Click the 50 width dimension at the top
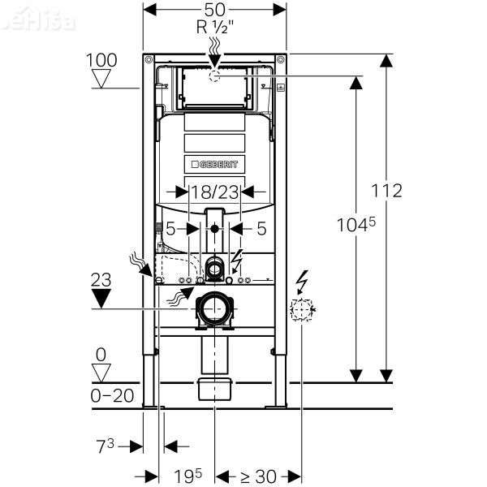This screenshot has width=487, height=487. pos(215,9)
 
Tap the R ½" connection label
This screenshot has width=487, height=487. pos(215,26)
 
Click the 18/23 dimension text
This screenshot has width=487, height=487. pos(214,192)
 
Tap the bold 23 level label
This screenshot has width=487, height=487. pos(101,278)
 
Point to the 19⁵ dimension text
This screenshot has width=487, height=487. pos(186,476)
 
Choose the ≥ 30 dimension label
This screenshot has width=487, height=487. pos(258,476)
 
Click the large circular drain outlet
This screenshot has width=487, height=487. pos(215,310)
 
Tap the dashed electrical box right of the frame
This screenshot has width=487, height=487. pos(302,309)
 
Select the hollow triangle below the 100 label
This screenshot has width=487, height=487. pos(101,79)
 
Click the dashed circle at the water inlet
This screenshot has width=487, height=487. pos(215,75)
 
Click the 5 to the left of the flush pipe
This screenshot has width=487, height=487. pos(170,229)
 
